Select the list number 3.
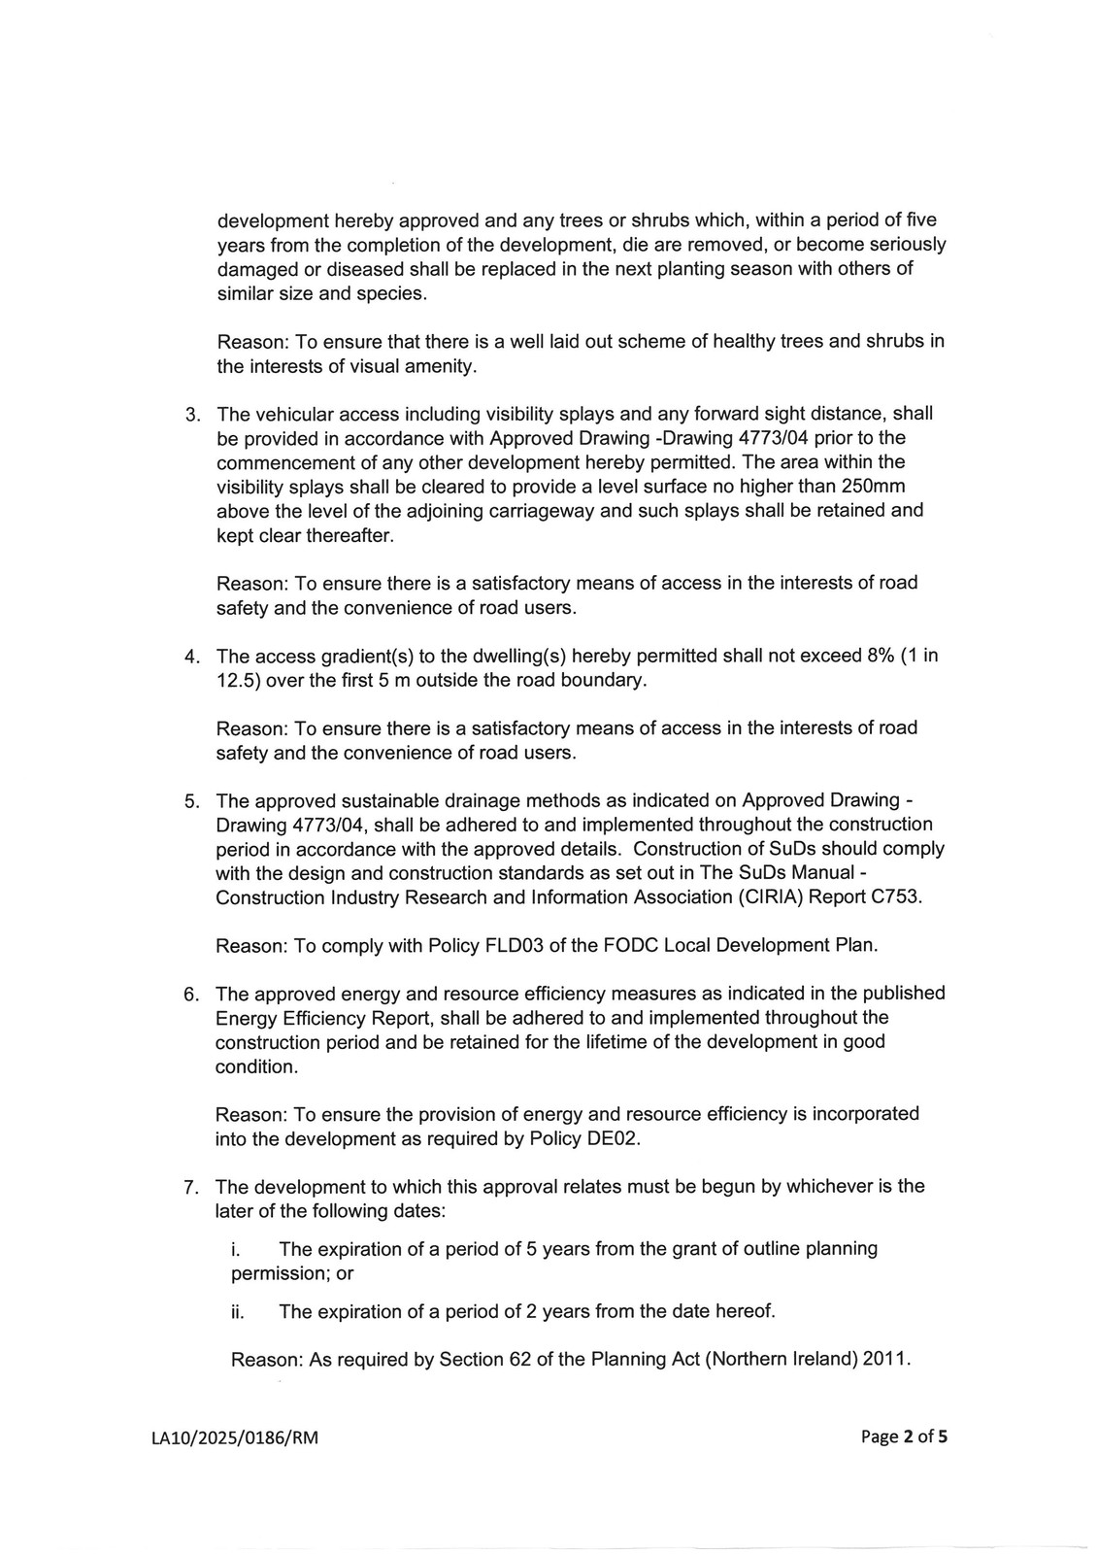click(x=192, y=415)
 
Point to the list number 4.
click(x=192, y=657)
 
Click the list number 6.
click(x=192, y=995)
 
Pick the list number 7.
click(x=192, y=1187)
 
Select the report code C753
click(x=896, y=896)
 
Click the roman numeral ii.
click(x=237, y=1312)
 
